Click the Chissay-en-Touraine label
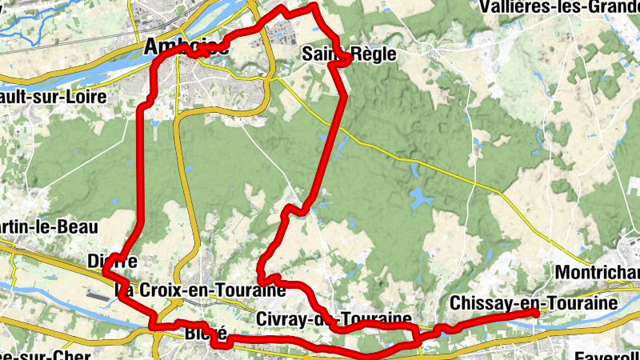pos(534,304)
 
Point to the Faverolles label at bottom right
pos(608,354)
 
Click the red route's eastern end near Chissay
pos(535,314)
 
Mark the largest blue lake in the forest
pos(419,197)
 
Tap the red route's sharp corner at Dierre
pos(106,272)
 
